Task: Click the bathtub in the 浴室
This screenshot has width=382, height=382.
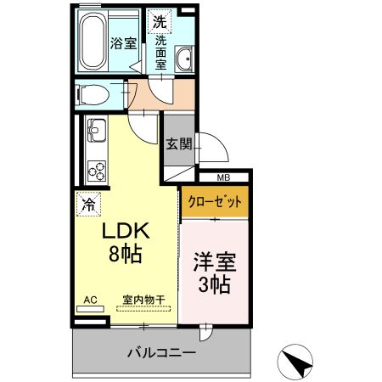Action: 91,42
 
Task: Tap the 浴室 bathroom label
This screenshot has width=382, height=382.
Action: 124,43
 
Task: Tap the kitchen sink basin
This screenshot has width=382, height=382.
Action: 94,132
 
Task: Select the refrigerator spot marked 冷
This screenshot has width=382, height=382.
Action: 87,203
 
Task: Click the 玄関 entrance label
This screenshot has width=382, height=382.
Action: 178,143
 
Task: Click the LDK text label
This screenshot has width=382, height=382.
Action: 126,231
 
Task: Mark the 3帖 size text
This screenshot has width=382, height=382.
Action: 215,285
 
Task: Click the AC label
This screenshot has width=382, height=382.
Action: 91,299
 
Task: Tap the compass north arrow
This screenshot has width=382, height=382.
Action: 296,362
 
